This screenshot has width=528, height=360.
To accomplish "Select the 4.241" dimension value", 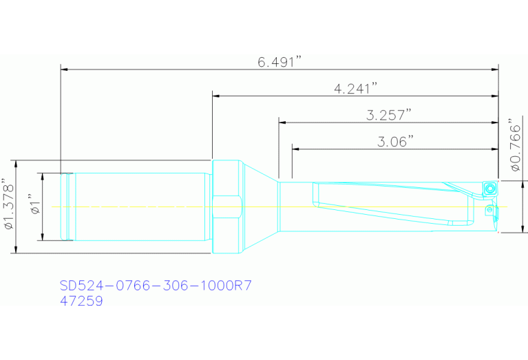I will click(356, 88).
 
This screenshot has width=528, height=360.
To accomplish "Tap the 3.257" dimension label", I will click(389, 115).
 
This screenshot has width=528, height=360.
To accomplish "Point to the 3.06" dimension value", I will click(395, 141).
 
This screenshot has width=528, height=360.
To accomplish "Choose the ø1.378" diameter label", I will click(8, 207).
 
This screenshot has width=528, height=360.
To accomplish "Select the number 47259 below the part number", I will click(81, 301).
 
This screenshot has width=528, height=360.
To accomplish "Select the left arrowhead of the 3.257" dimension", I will click(282, 122).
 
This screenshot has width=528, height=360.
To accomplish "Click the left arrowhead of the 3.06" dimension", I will click(296, 148).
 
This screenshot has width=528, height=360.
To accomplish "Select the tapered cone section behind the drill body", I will click(260, 207).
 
